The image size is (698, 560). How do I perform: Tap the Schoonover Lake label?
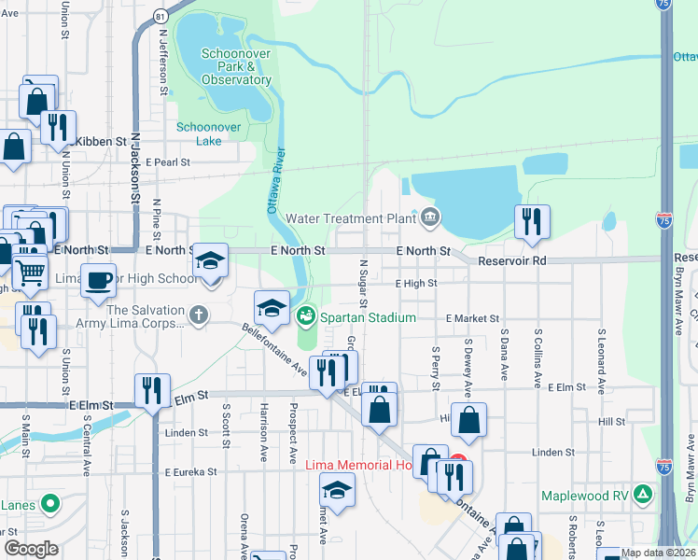coord(200,133)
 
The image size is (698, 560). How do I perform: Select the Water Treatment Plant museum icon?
coord(429,217)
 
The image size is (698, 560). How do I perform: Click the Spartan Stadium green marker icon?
coord(306,317)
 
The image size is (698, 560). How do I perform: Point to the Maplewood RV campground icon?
coord(642,492)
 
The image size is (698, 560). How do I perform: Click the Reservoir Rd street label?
coord(511,260)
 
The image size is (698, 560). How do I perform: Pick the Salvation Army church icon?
coord(197,315)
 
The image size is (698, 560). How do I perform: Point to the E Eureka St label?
coord(190,472)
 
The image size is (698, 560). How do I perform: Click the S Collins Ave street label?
coord(538,357)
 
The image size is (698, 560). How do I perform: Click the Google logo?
coord(31,549)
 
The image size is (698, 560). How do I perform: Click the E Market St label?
coord(472,318)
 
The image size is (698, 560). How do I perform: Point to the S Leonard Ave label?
coord(603,358)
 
